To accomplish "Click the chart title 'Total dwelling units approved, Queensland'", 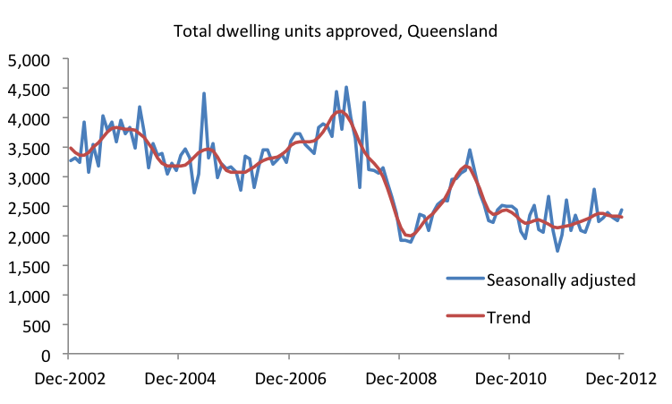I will click(336, 30).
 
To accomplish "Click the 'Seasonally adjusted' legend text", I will click(560, 279).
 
